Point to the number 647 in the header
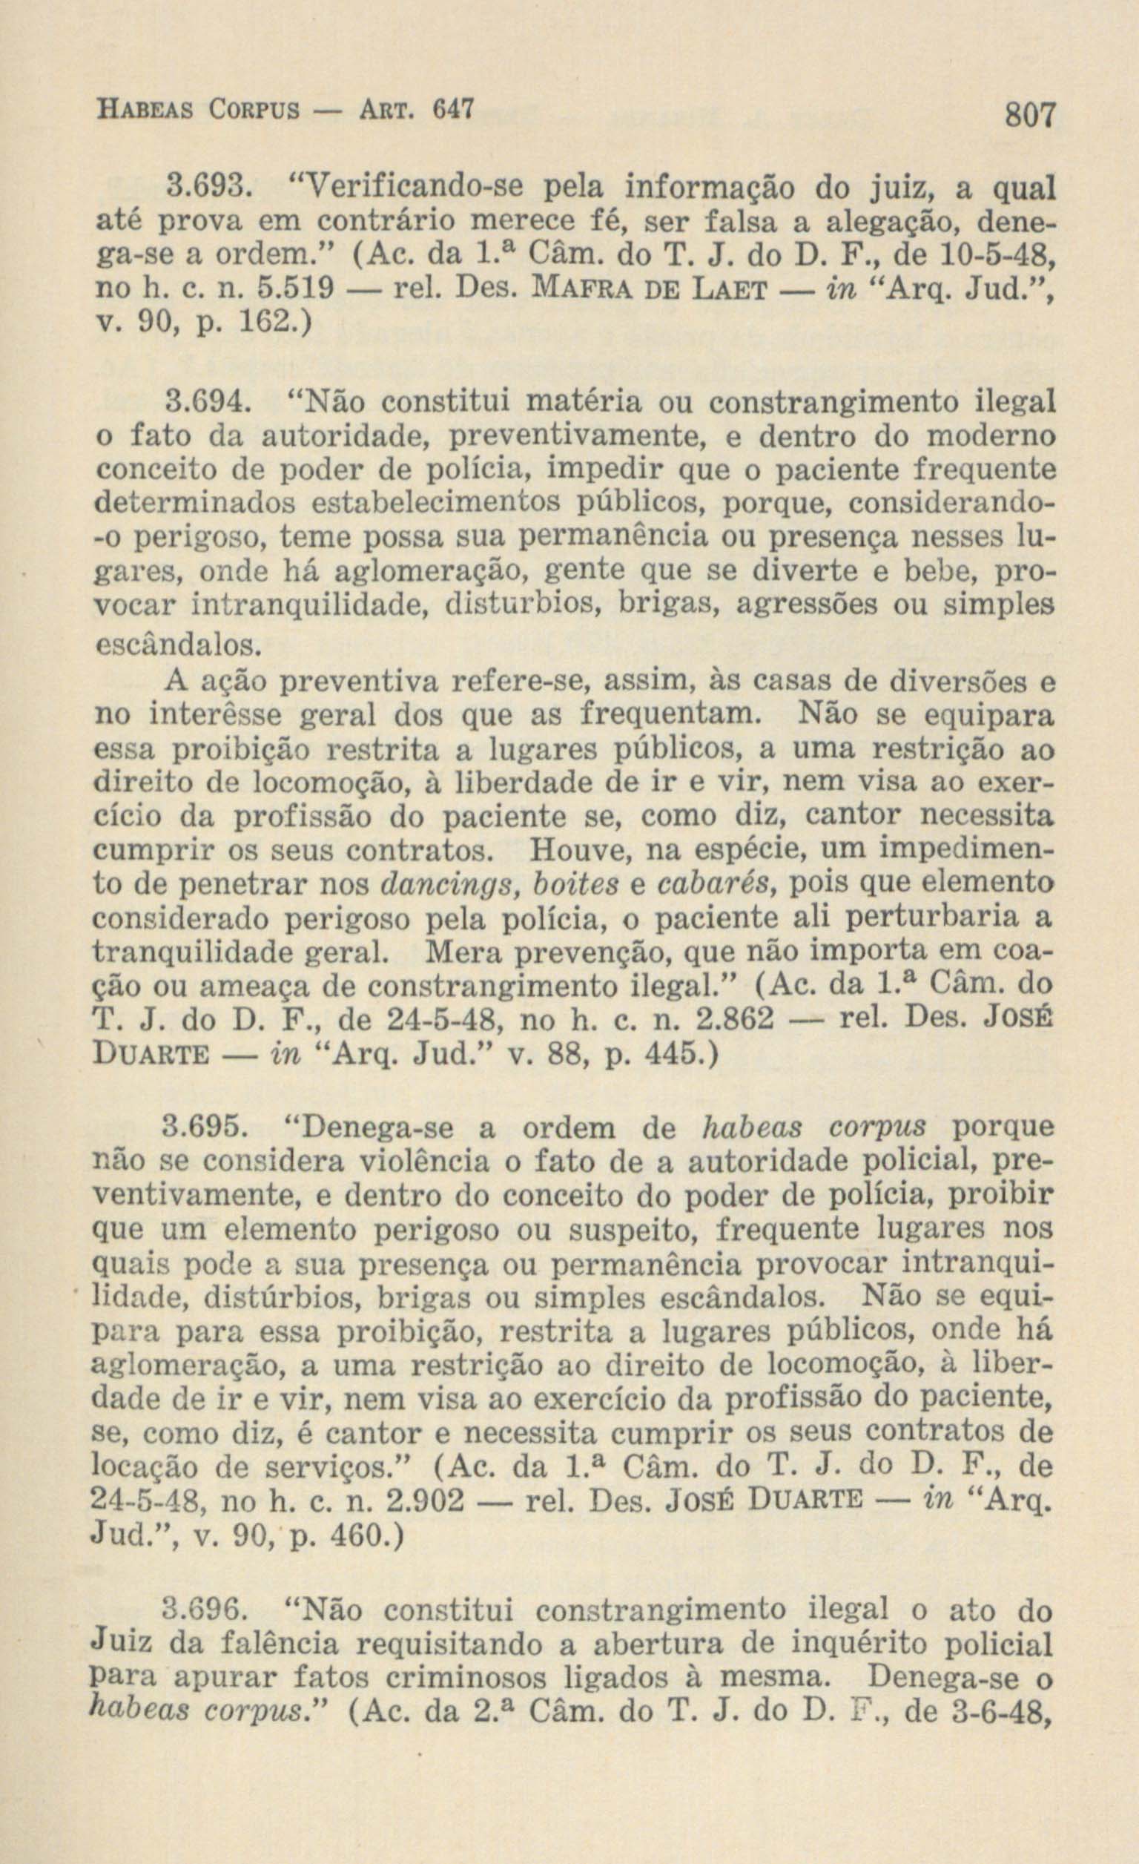pos(452,111)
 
